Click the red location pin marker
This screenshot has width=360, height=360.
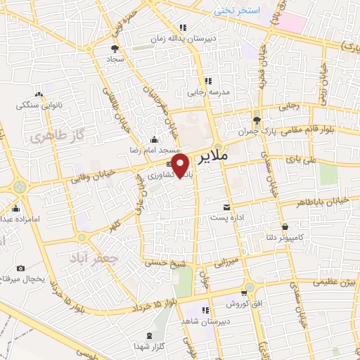click(x=182, y=167)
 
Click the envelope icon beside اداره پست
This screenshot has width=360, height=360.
click(x=226, y=207)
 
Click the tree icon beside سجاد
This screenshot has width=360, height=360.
click(x=115, y=48)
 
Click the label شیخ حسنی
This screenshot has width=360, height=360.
click(x=158, y=263)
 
